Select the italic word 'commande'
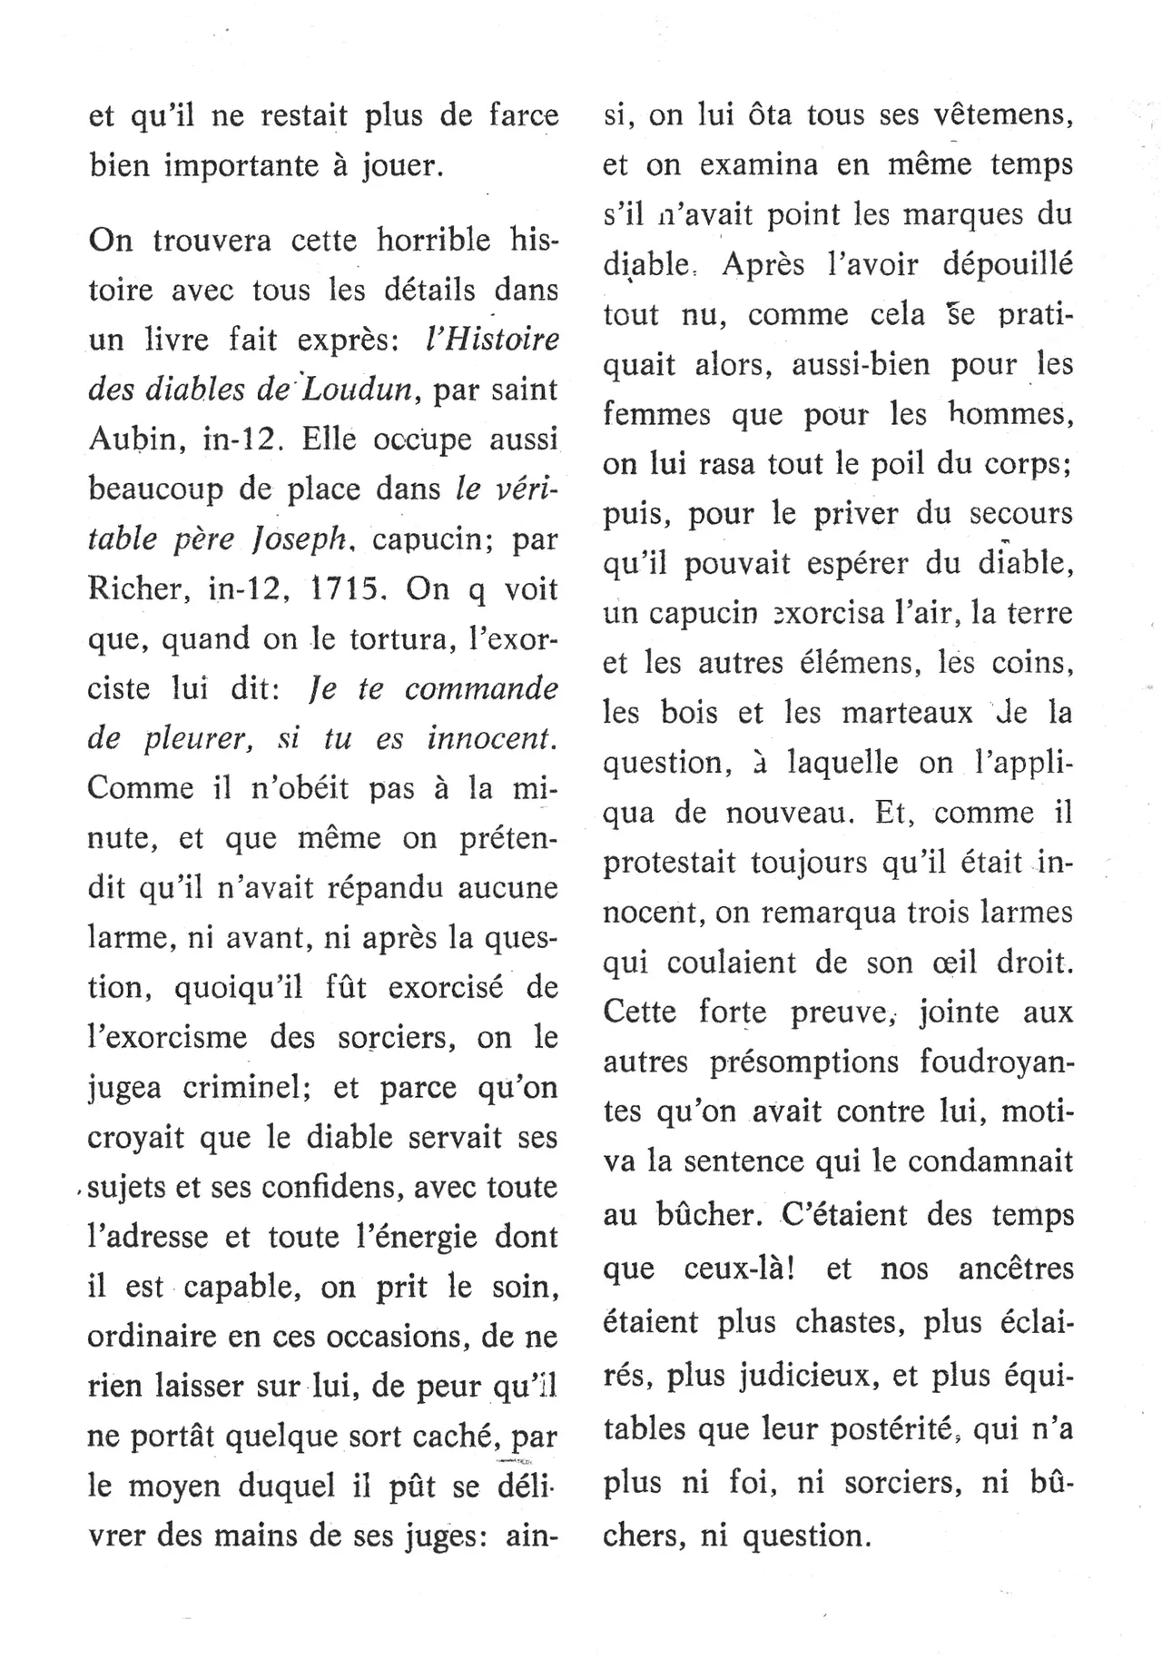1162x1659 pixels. [480, 688]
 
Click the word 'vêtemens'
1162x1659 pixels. [990, 116]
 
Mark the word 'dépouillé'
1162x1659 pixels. [1008, 265]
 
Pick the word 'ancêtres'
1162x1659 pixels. [1015, 1269]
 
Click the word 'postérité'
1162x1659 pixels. [884, 1429]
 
